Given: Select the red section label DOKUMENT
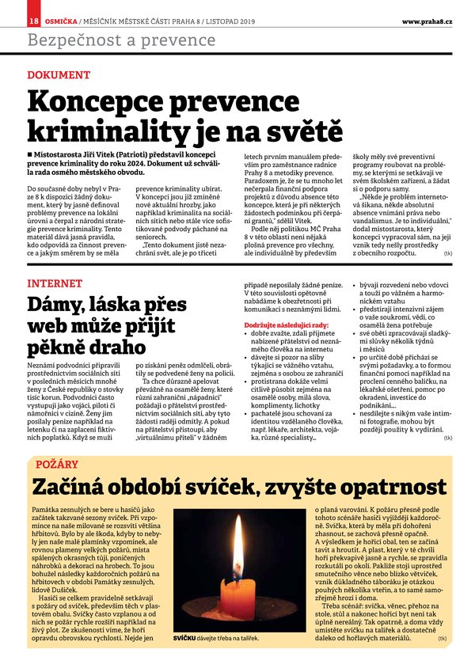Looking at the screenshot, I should coord(59,75).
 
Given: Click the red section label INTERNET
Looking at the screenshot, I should coord(55,283).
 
